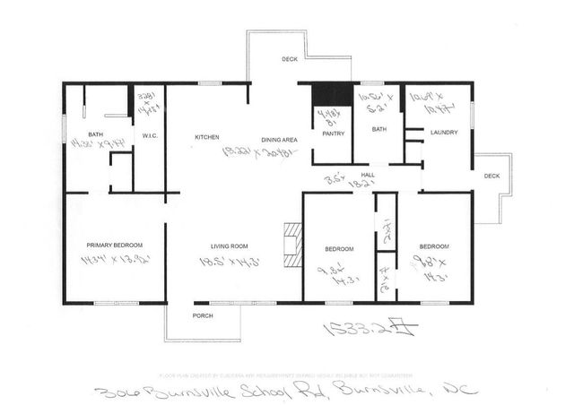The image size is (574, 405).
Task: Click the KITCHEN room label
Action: [x=207, y=137]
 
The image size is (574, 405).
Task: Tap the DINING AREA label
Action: [x=278, y=140]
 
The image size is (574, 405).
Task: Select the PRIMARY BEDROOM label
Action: [x=114, y=245]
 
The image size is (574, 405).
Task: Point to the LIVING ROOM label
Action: [x=229, y=246]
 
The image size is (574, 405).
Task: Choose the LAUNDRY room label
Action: [x=445, y=133]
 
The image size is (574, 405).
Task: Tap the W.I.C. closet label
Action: [x=150, y=136]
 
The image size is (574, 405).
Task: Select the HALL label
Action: [x=366, y=175]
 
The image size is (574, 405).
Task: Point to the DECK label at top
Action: [x=289, y=60]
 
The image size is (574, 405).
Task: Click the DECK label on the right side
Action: [x=491, y=176]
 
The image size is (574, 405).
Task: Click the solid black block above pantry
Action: [x=329, y=95]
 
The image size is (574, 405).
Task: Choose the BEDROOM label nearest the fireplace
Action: [x=339, y=248]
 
